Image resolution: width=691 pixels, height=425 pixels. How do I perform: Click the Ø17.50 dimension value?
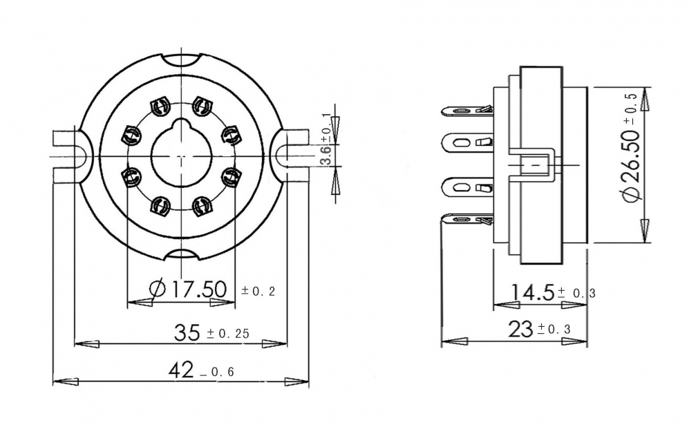tap(188, 290)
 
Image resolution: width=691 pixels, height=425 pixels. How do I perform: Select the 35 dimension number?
tap(187, 332)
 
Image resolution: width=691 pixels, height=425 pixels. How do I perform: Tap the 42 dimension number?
tap(181, 370)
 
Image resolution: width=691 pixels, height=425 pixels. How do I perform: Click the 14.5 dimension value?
tap(532, 293)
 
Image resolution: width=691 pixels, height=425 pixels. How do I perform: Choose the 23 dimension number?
tap(520, 329)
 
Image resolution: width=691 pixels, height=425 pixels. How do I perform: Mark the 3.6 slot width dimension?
tap(326, 155)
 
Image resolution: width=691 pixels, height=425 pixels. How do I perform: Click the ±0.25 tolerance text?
tap(228, 334)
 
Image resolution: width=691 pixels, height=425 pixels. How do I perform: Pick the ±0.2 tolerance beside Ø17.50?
tap(258, 291)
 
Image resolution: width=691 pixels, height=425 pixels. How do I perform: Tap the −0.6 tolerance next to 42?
tap(217, 372)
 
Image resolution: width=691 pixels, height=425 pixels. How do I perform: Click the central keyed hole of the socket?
tap(182, 155)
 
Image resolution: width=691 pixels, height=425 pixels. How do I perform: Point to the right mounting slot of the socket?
tap(292, 156)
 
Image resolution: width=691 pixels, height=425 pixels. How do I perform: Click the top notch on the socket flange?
tap(182, 61)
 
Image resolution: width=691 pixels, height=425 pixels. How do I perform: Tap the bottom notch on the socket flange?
tap(182, 253)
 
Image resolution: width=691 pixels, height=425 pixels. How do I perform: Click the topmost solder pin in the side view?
tap(466, 110)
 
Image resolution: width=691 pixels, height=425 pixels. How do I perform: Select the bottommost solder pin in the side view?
tap(466, 219)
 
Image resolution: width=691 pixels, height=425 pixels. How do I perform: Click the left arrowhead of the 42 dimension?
tap(66, 381)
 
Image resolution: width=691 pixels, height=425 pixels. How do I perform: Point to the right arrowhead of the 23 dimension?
tap(574, 341)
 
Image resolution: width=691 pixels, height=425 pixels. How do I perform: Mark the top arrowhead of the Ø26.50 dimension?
tap(645, 100)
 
